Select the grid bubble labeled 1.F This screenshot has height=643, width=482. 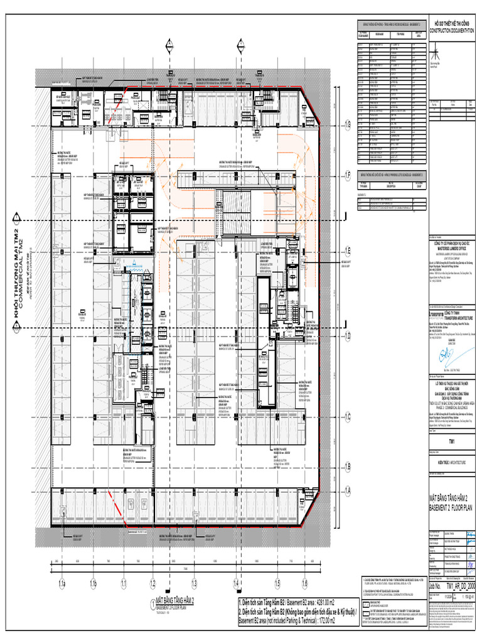coord(346,175)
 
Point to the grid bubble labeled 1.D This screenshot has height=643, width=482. coord(346,336)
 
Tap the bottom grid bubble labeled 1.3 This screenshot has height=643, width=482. coord(195,584)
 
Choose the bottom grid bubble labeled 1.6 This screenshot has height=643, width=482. coord(304,584)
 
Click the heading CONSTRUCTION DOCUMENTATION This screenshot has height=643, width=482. coord(452,30)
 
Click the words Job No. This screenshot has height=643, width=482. coord(435,584)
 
